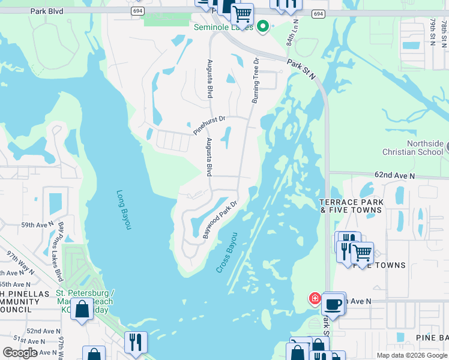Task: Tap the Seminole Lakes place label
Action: point(224,27)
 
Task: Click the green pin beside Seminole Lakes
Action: point(262,26)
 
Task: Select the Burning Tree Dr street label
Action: point(255,80)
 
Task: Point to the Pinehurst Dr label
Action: point(209,125)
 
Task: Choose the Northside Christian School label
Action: point(425,148)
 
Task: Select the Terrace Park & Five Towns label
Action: point(351,206)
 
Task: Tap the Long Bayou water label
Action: point(123,209)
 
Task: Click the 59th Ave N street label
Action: point(37,225)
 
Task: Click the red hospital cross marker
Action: point(314,298)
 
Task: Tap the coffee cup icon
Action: point(333,304)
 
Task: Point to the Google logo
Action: point(20,353)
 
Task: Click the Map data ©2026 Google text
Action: point(412,355)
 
